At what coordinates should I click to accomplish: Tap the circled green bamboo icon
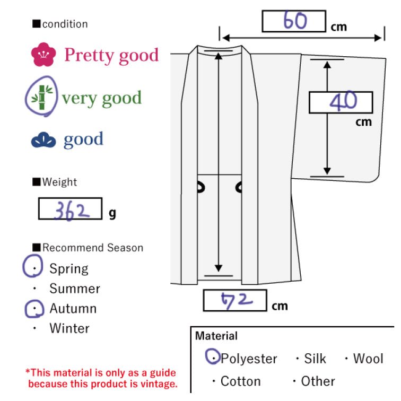(42, 98)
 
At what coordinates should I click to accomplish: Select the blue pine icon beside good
(43, 140)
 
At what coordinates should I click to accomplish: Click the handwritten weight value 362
(70, 210)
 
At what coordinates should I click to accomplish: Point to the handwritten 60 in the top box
(295, 21)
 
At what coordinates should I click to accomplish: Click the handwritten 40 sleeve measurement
(343, 102)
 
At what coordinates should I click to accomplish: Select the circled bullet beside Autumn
(34, 309)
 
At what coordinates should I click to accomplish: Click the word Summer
(74, 289)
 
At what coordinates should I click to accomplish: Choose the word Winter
(69, 328)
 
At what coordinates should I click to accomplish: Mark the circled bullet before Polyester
(213, 358)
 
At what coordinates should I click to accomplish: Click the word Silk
(315, 359)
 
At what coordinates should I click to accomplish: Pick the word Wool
(368, 359)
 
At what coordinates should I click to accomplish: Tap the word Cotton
(240, 381)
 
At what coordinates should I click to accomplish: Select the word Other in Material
(318, 381)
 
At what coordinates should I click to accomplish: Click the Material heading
(216, 336)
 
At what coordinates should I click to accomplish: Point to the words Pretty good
(111, 55)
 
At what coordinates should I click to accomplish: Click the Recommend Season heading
(92, 248)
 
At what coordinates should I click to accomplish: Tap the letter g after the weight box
(112, 213)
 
